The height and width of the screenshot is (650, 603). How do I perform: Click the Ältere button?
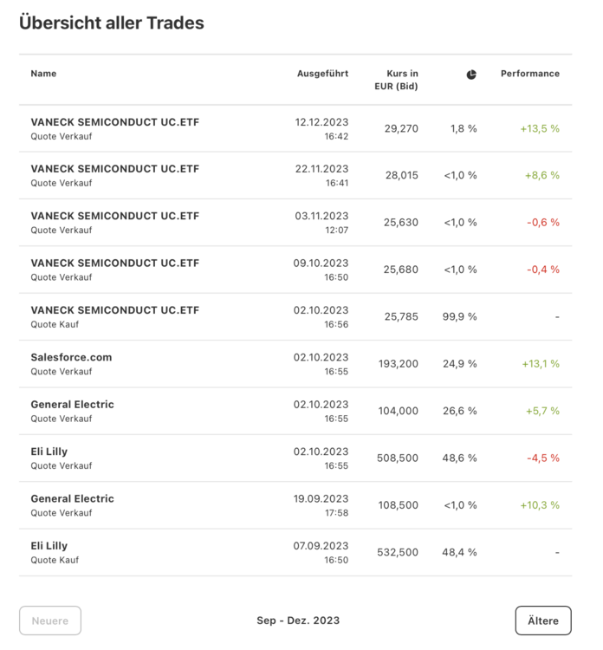point(543,621)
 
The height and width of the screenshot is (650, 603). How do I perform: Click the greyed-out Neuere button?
point(50,621)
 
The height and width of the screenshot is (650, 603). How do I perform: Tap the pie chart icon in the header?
point(471,75)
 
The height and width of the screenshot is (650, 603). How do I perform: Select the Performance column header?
point(530,74)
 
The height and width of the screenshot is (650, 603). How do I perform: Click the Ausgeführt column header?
point(322,74)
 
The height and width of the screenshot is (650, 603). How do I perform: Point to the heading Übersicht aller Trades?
point(112,23)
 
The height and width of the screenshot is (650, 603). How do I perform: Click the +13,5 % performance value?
point(540,128)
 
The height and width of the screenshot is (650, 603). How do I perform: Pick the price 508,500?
point(399,458)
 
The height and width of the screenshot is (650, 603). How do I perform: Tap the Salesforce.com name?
point(71,357)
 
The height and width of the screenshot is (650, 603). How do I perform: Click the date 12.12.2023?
point(321,122)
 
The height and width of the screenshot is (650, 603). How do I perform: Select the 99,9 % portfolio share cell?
point(459,316)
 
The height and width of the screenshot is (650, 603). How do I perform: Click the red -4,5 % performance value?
point(543,458)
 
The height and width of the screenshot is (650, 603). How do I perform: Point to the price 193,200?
point(399,364)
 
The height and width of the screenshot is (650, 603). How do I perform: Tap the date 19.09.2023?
point(321,498)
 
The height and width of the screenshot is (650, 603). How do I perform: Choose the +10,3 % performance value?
point(540,504)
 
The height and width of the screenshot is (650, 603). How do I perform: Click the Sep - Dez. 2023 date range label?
point(298,621)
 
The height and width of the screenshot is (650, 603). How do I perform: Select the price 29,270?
point(401,128)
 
